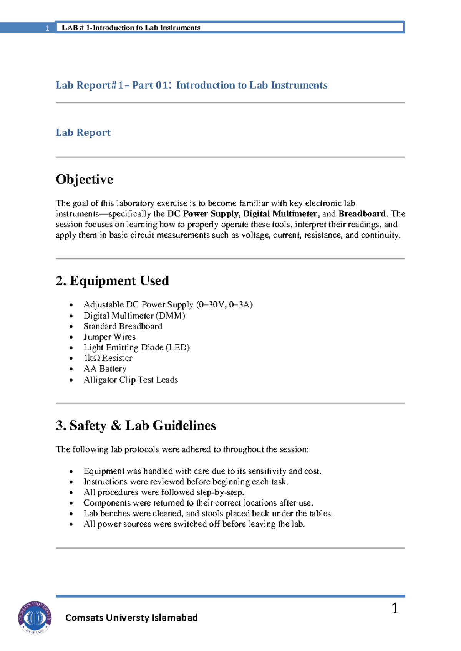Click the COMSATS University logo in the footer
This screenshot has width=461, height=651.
[x=35, y=617]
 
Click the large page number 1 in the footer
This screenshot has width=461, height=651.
[x=395, y=608]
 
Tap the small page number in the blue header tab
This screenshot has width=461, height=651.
[x=47, y=28]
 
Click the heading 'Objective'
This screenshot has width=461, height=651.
[x=84, y=179]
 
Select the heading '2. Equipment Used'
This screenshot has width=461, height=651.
[x=112, y=281]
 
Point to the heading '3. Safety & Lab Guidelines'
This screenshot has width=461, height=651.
[x=136, y=425]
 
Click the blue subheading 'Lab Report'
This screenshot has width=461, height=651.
[x=83, y=132]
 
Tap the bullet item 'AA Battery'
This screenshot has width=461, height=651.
[x=105, y=368]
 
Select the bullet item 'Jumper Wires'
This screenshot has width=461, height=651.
[x=109, y=337]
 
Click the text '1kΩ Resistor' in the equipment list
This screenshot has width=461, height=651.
[x=108, y=358]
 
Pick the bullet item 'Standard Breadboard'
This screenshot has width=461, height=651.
[x=123, y=326]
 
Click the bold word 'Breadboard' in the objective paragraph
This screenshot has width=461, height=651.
[x=362, y=214]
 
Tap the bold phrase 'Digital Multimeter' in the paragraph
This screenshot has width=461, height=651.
[x=280, y=214]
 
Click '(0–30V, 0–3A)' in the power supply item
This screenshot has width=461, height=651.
[x=224, y=304]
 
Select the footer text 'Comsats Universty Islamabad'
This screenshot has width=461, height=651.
[x=131, y=618]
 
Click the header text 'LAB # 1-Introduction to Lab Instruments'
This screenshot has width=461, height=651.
[x=131, y=28]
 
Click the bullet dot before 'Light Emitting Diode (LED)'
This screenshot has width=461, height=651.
[x=71, y=348]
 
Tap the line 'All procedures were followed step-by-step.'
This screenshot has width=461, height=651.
[x=164, y=492]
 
